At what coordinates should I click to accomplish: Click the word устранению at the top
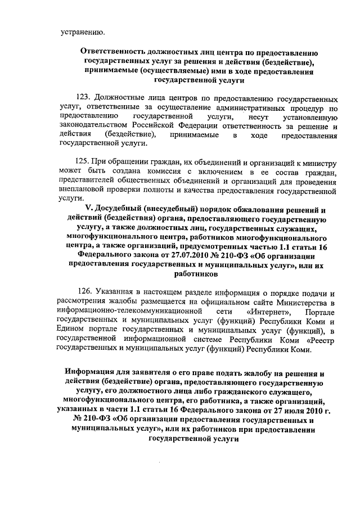pyautogui.click(x=82, y=31)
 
